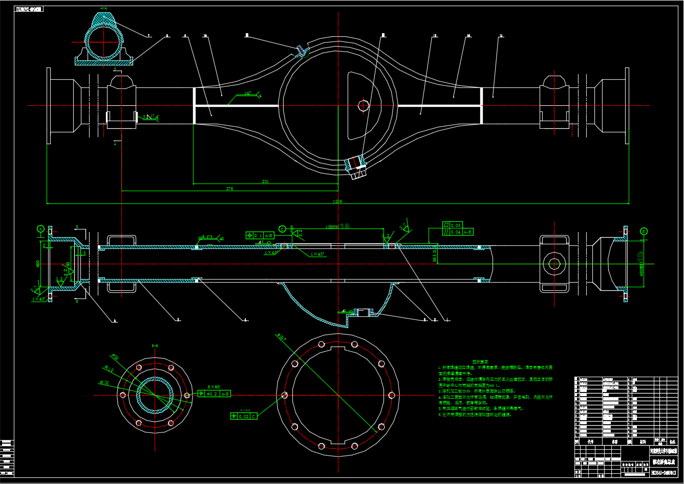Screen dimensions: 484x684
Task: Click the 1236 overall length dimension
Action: click(x=337, y=201)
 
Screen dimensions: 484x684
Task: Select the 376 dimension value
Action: click(x=229, y=189)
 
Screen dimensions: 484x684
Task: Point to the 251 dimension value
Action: click(x=265, y=181)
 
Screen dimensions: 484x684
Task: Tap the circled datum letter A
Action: click(x=41, y=229)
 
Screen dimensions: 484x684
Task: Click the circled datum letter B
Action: click(x=644, y=231)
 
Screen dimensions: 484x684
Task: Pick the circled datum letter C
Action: click(x=282, y=229)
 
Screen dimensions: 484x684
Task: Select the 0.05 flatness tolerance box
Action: click(x=453, y=225)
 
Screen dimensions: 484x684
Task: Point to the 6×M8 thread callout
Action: click(x=213, y=387)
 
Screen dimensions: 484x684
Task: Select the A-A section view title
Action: click(x=104, y=9)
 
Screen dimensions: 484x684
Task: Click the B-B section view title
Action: click(x=155, y=346)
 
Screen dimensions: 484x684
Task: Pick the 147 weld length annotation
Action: click(x=248, y=94)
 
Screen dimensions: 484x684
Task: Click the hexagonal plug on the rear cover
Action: click(x=364, y=105)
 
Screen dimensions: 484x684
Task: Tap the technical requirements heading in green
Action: click(x=480, y=361)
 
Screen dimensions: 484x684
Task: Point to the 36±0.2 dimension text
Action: click(x=435, y=253)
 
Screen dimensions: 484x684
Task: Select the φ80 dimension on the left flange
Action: click(x=38, y=263)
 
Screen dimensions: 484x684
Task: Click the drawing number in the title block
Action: click(x=663, y=473)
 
